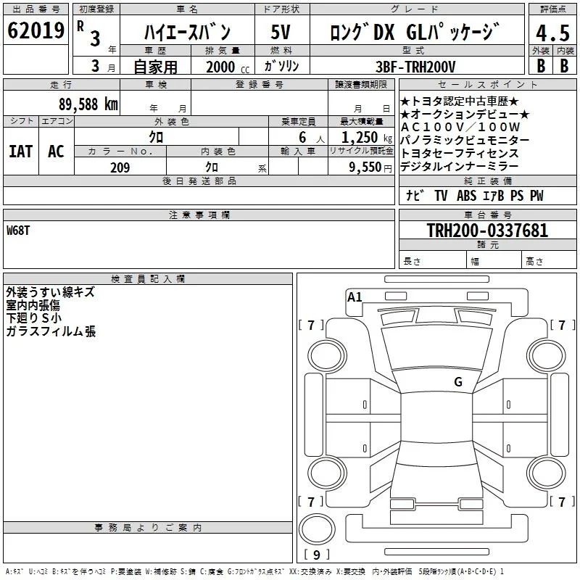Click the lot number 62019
coord(36,30)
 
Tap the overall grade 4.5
coord(552,33)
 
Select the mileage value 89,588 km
coord(88,104)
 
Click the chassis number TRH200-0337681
coord(487,230)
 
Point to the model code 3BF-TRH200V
coord(415,67)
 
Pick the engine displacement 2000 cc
coord(228,67)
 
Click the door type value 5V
coord(281,32)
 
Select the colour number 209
coord(120,167)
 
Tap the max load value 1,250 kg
coord(367,138)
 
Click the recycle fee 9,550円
coord(370,167)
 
